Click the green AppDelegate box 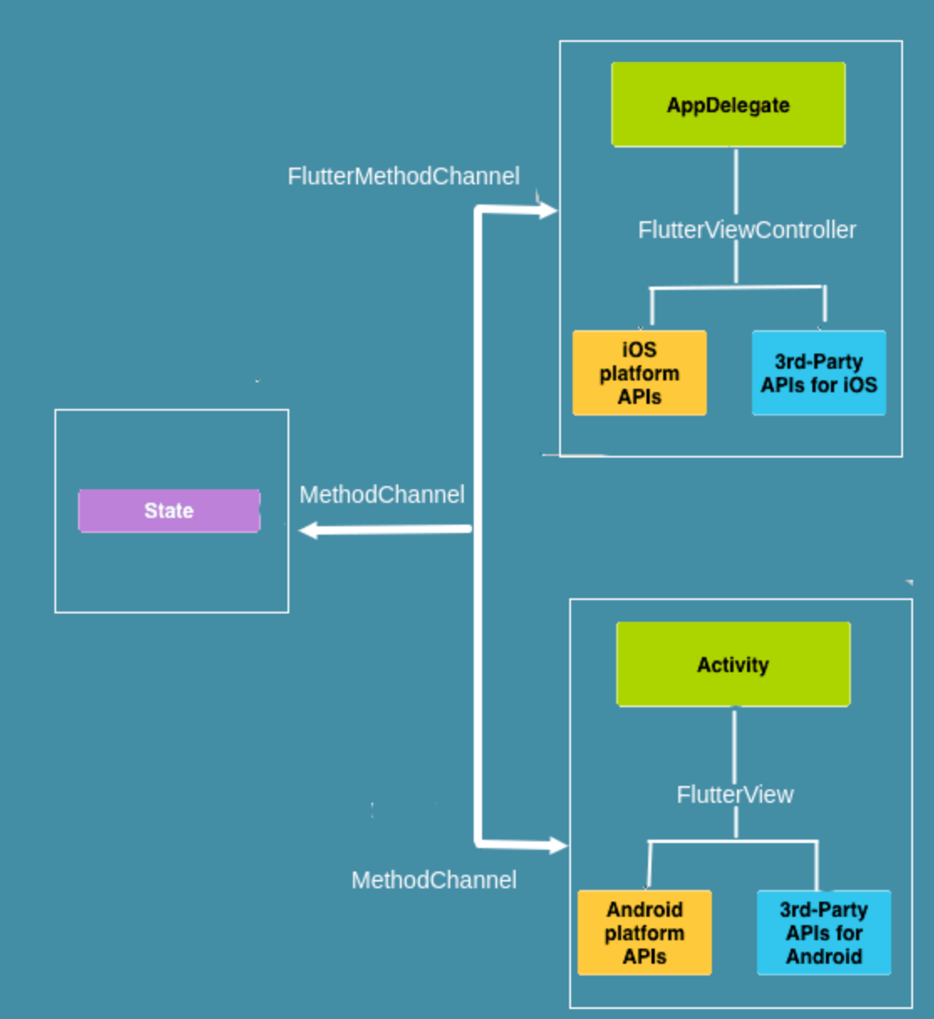pos(728,105)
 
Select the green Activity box pos(733,665)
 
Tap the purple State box pos(169,510)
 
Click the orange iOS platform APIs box pos(639,373)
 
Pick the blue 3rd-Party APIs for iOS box pos(818,373)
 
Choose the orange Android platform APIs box pos(644,933)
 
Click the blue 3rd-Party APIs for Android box pos(823,933)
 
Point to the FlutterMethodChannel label pos(403,176)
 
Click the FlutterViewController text pos(746,230)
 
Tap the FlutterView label pos(734,794)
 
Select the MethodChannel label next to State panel pos(381,494)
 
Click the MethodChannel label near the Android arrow pos(433,880)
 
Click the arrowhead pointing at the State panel pos(308,530)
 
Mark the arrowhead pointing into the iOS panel pos(548,210)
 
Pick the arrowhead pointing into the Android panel pos(558,846)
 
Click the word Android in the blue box pos(823,956)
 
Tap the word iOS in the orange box pos(639,349)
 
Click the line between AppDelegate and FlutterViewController pos(735,180)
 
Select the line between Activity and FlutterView pos(734,744)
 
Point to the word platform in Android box pos(644,933)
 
